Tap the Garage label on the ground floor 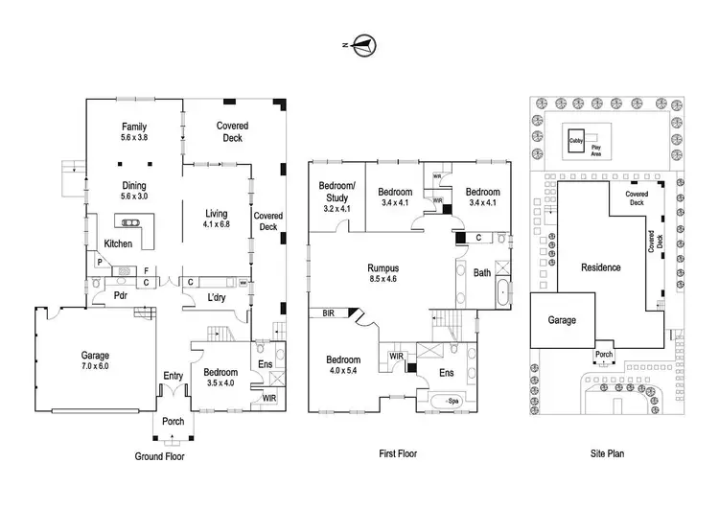coord(95,356)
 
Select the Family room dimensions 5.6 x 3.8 coord(134,137)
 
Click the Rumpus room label coord(383,268)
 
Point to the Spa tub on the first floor coord(446,402)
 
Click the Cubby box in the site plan coord(576,141)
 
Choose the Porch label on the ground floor coord(173,422)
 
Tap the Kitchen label coord(118,243)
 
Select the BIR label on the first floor coord(328,313)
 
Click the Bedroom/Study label coord(336,192)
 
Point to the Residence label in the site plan coord(601,267)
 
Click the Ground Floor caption coord(159,456)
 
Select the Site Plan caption coord(607,453)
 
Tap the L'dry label coord(217,297)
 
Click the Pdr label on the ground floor coord(120,296)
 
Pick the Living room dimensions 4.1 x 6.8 coord(217,224)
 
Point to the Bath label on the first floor coord(482,273)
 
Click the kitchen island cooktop coord(129,222)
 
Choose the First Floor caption coord(398,453)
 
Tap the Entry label coord(173,376)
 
